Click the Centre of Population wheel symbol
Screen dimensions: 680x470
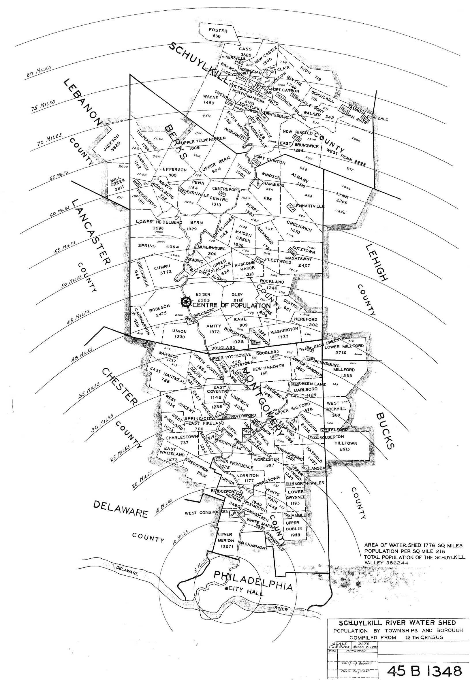pyautogui.click(x=186, y=302)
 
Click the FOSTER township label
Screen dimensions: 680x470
pyautogui.click(x=218, y=31)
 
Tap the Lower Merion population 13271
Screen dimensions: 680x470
pyautogui.click(x=226, y=546)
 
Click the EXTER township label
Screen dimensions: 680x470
pyautogui.click(x=203, y=294)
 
